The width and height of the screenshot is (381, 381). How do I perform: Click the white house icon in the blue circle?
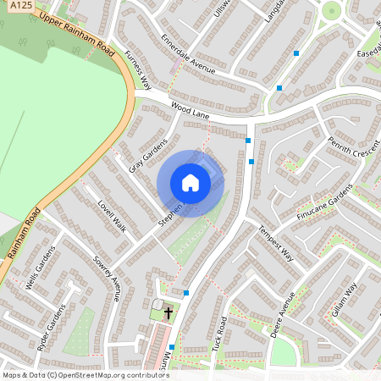190,183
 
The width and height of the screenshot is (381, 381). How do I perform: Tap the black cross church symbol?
168,312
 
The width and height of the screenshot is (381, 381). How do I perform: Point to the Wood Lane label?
189,108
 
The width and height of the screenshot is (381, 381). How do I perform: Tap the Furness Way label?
137,69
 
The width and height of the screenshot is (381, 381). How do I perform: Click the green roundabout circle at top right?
331,11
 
